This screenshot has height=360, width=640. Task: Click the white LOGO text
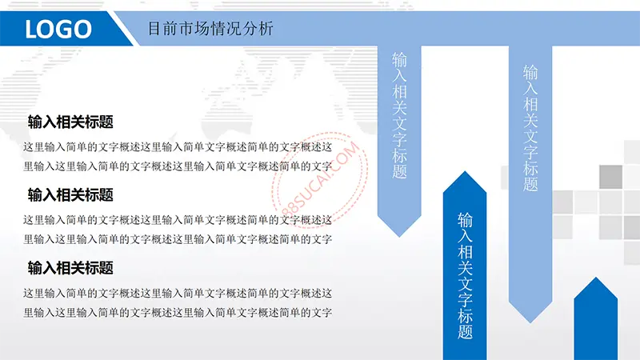[x=58, y=29]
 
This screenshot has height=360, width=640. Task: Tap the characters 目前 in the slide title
[x=162, y=29]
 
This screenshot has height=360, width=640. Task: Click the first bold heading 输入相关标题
[x=70, y=122]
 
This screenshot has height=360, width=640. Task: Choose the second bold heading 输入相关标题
[x=70, y=194]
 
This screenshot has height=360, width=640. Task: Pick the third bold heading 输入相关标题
[x=70, y=268]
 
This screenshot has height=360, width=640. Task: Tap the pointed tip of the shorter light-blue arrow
[x=399, y=237]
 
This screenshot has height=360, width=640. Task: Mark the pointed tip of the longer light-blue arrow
[x=530, y=323]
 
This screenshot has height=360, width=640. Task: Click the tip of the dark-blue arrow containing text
[x=465, y=171]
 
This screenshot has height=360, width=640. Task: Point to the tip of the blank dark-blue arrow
[x=596, y=278]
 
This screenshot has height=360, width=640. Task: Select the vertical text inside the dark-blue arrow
[x=465, y=276]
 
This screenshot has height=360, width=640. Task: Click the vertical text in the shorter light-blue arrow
[x=399, y=115]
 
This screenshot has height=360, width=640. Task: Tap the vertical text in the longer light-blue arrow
[x=530, y=128]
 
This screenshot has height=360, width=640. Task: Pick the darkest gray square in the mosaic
[x=610, y=177]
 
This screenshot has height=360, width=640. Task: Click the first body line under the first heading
[x=178, y=147]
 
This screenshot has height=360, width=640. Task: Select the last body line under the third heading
[x=178, y=313]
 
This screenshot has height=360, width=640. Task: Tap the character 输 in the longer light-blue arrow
[x=530, y=73]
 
